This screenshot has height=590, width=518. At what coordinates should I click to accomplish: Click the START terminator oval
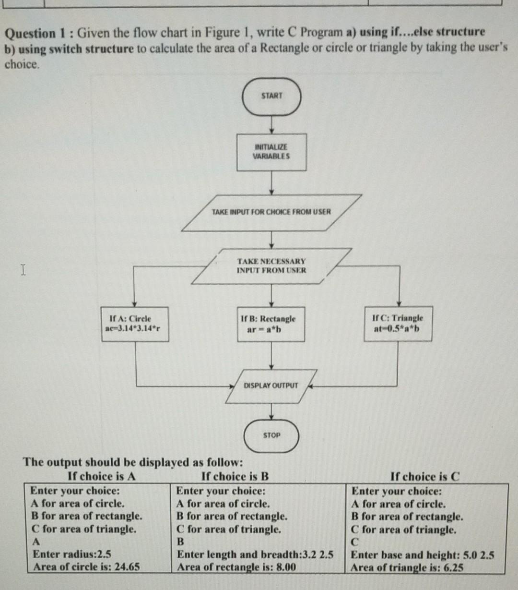(271, 96)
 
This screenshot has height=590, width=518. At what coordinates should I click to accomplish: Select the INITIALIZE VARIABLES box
(271, 152)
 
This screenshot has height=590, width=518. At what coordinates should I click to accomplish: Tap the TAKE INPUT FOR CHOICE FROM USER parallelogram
(271, 212)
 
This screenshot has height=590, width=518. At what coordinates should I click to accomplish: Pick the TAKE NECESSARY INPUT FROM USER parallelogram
(271, 265)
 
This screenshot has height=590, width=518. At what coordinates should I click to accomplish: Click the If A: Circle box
(135, 324)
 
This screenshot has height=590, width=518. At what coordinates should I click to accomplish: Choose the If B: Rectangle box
(271, 324)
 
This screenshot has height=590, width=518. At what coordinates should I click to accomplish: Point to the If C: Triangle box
(398, 324)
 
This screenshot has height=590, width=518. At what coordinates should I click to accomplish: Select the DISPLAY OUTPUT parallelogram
(271, 385)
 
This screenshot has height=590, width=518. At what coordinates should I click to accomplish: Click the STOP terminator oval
(271, 435)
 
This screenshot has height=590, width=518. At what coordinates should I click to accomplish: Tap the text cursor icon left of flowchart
(22, 270)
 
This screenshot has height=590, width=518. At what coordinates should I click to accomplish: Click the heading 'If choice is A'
(102, 476)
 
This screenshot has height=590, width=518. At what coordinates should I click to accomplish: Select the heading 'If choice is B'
(235, 476)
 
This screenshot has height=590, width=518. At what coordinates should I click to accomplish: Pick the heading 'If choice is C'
(425, 477)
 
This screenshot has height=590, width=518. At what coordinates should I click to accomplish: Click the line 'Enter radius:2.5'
(72, 554)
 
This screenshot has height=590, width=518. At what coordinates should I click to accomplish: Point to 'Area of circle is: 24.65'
(86, 566)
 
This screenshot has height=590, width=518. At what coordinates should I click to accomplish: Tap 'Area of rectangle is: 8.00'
(236, 567)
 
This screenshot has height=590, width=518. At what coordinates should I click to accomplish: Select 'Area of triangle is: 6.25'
(407, 567)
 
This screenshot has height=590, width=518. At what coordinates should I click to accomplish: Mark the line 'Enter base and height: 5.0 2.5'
(423, 555)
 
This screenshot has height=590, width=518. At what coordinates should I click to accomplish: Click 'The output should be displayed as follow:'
(133, 462)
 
